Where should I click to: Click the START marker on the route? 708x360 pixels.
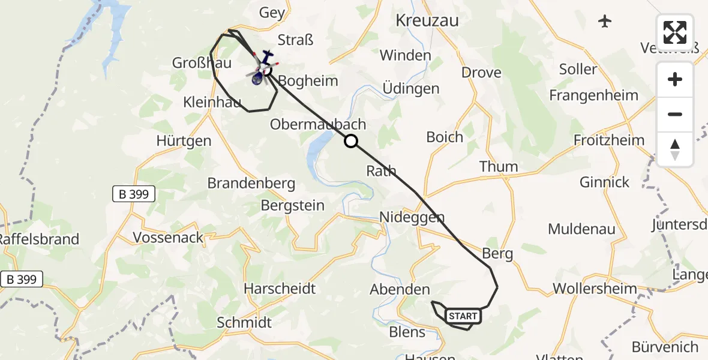463,316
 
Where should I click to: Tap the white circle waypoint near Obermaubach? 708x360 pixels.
351,141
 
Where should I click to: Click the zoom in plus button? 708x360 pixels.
675,79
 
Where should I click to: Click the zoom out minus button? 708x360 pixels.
675,114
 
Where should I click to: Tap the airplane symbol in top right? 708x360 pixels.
604,22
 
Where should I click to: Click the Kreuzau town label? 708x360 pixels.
427,20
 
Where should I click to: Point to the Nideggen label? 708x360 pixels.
412,217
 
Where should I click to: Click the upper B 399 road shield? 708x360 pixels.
134,194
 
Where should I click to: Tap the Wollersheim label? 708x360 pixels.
595,288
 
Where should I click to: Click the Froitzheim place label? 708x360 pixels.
609,140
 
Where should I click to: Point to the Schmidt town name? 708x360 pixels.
244,322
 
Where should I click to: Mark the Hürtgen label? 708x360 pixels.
184,141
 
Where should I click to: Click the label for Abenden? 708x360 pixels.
400,289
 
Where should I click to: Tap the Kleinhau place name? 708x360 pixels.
212,103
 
